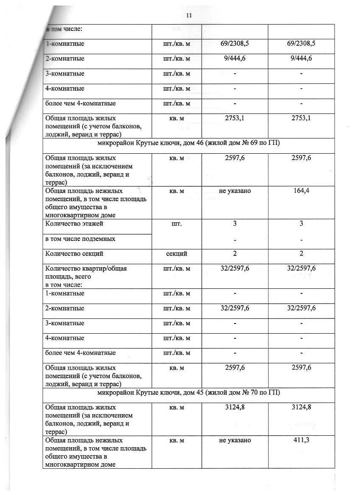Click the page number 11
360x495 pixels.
189,15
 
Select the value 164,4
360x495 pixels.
301,191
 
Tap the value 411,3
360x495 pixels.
301,440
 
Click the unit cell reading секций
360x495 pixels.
177,254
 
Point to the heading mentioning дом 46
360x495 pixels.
188,143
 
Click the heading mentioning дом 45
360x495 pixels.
188,393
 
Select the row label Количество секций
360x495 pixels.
74,254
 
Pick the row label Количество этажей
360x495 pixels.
74,224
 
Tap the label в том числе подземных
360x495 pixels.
80,239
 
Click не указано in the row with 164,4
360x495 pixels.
235,191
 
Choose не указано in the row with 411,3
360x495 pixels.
235,440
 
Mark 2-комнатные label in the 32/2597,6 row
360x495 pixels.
65,308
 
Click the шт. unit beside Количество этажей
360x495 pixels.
177,224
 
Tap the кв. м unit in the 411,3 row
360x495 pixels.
177,440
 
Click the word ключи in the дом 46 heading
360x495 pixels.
166,143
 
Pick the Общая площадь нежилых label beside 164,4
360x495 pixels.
84,191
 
